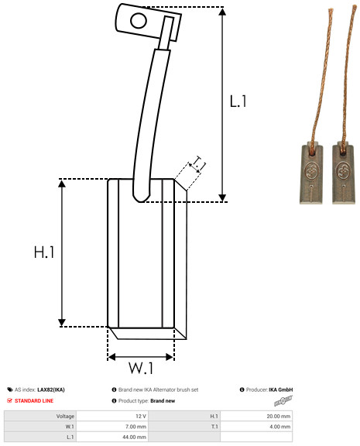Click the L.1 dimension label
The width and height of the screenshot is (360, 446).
pyautogui.click(x=238, y=101)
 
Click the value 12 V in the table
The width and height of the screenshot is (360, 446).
pyautogui.click(x=139, y=416)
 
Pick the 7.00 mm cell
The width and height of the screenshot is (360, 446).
pyautogui.click(x=135, y=427)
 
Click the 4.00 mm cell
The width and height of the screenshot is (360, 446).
pyautogui.click(x=279, y=427)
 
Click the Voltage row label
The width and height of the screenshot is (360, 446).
pyautogui.click(x=65, y=416)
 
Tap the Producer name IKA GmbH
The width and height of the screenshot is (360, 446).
pyautogui.click(x=279, y=389)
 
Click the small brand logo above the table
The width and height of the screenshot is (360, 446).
pyautogui.click(x=284, y=402)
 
